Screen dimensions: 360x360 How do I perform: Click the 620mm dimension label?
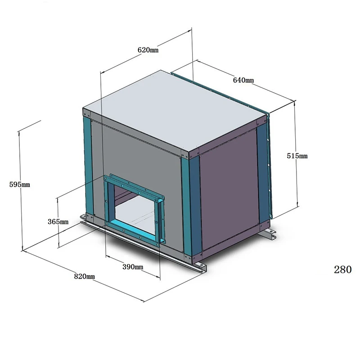(148, 50)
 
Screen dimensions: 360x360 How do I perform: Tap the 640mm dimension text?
(243, 80)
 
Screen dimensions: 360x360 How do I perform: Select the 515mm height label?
(297, 156)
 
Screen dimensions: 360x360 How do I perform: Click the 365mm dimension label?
(58, 221)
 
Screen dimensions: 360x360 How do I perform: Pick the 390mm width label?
(133, 267)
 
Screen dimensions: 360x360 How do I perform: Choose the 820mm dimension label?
(84, 276)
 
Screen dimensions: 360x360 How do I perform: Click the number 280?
(342, 270)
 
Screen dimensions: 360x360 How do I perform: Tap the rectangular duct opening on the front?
(133, 209)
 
